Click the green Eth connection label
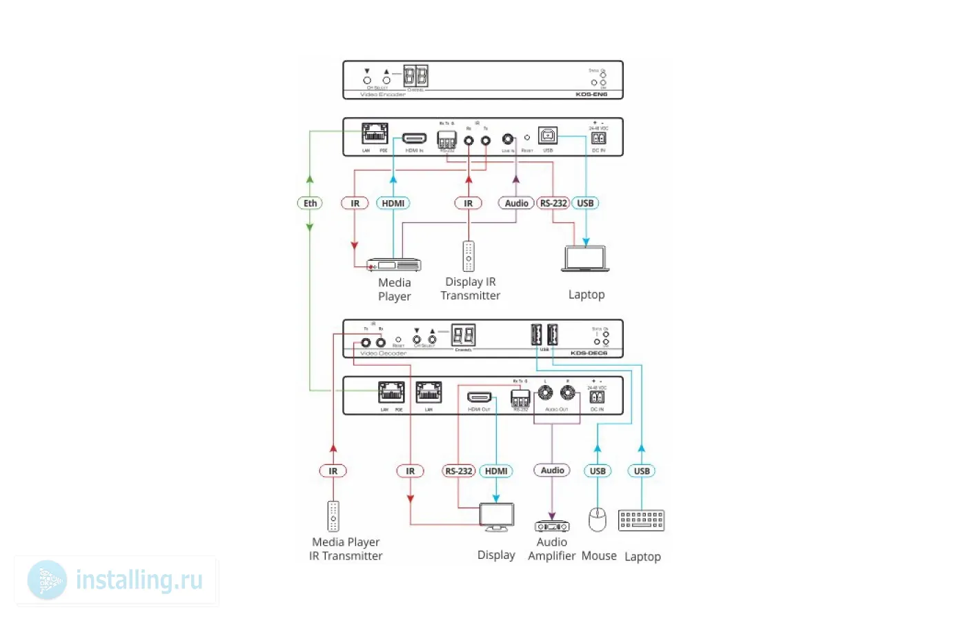click(310, 203)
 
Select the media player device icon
click(394, 265)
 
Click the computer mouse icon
click(597, 520)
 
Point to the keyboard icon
click(642, 520)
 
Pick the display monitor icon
click(497, 517)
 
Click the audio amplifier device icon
click(552, 526)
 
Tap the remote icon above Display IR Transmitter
click(469, 256)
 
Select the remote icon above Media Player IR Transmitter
click(333, 515)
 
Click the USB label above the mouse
click(598, 471)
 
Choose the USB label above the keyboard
click(642, 471)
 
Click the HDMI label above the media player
click(393, 203)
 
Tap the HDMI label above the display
click(496, 471)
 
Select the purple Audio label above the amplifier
click(552, 471)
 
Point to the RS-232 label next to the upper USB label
click(553, 203)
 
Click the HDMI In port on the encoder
click(414, 139)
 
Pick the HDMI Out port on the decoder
click(479, 397)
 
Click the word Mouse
click(599, 555)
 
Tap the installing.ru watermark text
click(139, 580)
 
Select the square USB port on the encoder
click(547, 136)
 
